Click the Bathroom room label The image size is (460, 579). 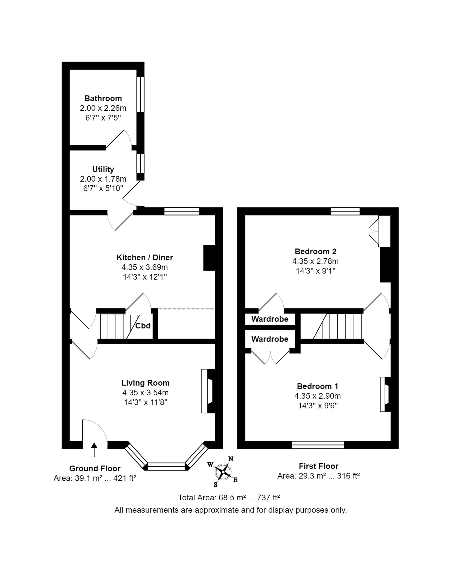coord(103,98)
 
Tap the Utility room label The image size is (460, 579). coord(103,169)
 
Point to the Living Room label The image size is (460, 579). coord(145,383)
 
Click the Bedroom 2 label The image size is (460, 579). coord(316,251)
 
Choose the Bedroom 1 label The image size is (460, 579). coord(317,386)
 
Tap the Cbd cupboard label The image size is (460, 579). coord(143,326)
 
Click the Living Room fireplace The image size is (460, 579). coord(208,391)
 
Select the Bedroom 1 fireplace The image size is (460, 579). coord(385,395)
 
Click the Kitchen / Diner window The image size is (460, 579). coord(182,211)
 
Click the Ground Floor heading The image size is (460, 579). coord(95,468)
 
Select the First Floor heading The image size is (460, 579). coord(319,466)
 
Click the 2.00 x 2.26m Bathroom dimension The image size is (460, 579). coord(103,108)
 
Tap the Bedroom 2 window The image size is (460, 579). coord(345,211)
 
